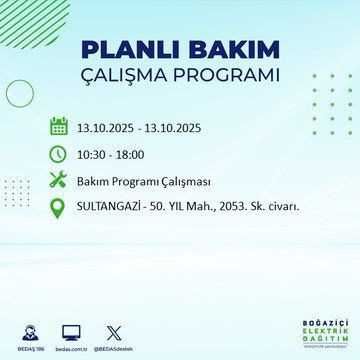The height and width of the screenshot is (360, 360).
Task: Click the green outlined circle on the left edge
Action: pos(15,96)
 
